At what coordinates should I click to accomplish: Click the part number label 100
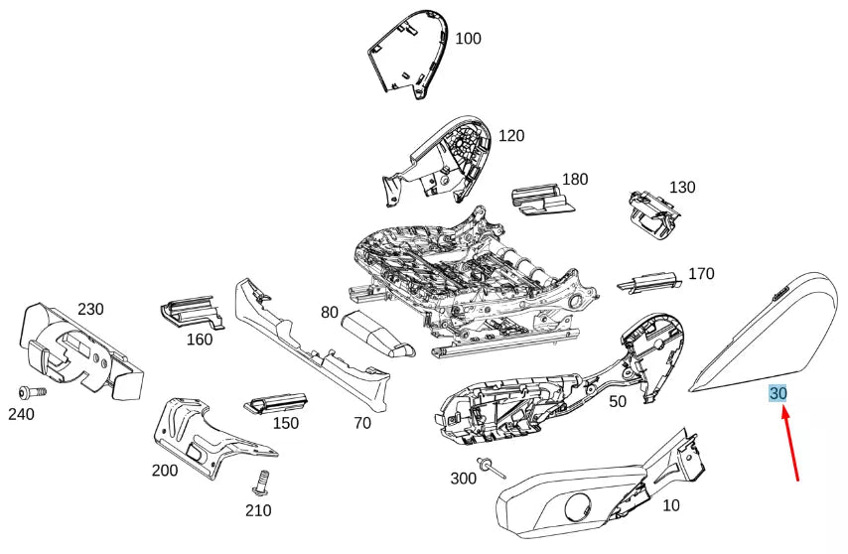pyautogui.click(x=468, y=39)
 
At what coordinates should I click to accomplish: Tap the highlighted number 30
pyautogui.click(x=778, y=394)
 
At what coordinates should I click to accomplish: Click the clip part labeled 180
pyautogui.click(x=541, y=199)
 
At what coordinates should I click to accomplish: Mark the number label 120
pyautogui.click(x=511, y=136)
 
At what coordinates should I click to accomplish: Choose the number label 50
pyautogui.click(x=618, y=401)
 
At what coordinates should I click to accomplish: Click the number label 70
pyautogui.click(x=361, y=422)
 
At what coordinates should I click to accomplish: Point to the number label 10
pyautogui.click(x=671, y=505)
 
